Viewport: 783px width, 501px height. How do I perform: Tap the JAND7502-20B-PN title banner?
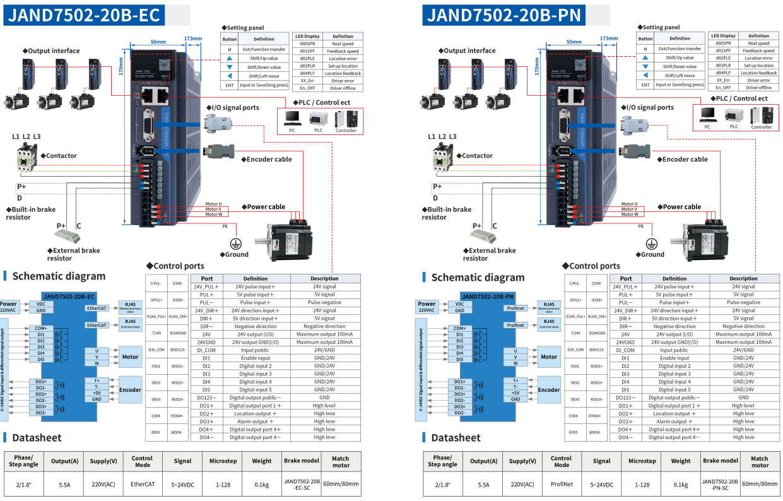coord(503,15)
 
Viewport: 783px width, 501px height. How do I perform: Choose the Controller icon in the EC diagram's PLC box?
coord(346,119)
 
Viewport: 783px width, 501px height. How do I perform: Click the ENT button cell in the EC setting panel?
coord(230,85)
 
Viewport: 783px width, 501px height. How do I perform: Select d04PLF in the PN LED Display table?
coord(723,73)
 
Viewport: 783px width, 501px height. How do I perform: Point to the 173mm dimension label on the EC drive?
coord(193,38)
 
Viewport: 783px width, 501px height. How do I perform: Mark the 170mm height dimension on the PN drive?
coord(536,64)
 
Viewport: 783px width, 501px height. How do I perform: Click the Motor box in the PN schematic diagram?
coord(548,357)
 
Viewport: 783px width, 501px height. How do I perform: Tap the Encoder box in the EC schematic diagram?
coord(130,390)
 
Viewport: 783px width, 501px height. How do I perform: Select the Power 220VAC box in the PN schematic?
coord(427,307)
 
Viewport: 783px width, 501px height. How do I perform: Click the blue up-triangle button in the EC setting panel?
coord(230,58)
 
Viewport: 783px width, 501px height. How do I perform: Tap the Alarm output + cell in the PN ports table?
coord(674,421)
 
